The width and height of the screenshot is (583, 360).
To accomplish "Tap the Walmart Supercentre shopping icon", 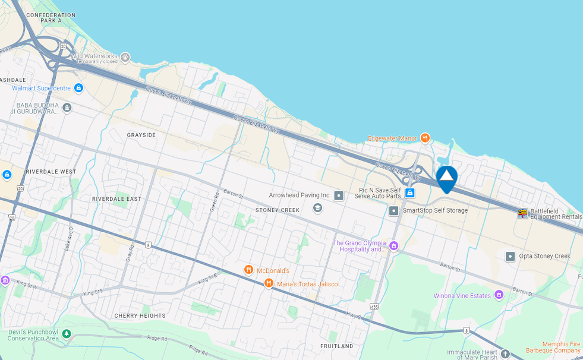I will (x=78, y=89).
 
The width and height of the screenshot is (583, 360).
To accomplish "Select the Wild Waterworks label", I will (x=94, y=57).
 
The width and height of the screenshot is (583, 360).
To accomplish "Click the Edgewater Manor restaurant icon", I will (x=424, y=138).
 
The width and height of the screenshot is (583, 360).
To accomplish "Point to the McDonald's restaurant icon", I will (x=249, y=270).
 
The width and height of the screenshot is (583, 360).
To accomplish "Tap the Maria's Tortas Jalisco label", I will (x=307, y=284).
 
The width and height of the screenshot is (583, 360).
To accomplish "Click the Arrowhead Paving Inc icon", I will (x=339, y=195).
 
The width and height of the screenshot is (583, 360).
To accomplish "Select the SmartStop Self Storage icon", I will (x=393, y=210).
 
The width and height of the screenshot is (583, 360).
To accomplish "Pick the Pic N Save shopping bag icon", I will (x=409, y=192).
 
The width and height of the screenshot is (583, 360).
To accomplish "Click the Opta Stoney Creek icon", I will (x=510, y=256).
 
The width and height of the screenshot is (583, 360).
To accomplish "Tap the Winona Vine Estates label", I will (x=462, y=295).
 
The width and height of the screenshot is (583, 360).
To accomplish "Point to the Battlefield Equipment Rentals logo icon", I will (x=522, y=213).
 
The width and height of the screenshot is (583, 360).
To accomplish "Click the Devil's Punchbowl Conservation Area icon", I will (x=66, y=334).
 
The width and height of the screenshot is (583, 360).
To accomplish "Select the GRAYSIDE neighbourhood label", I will (x=141, y=135).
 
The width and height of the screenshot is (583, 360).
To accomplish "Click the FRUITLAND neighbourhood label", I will (x=336, y=346).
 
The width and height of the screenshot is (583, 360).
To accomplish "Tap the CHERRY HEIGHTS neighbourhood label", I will (x=140, y=315).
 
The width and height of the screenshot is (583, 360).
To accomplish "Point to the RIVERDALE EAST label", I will (x=117, y=198).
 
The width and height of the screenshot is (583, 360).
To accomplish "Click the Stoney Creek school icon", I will (x=317, y=208).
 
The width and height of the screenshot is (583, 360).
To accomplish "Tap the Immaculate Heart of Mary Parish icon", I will (x=505, y=354).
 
